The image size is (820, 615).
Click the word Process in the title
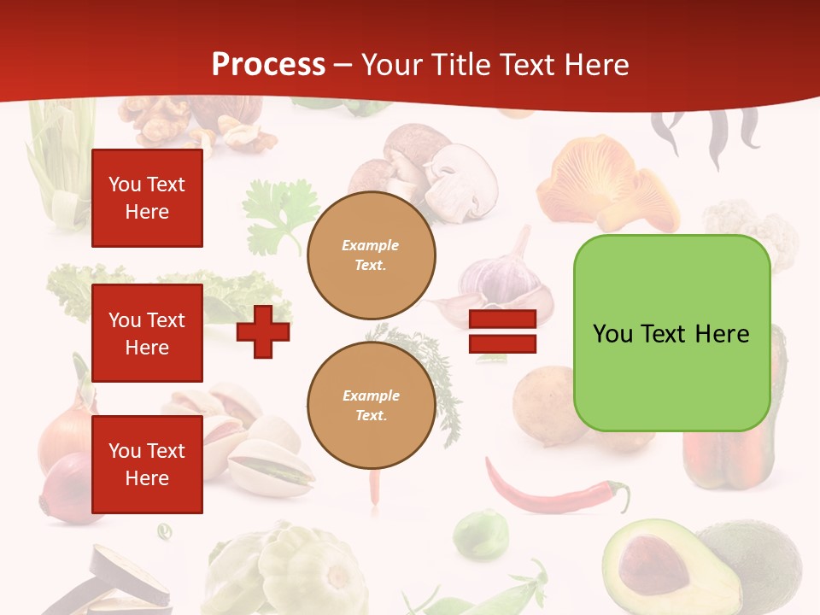268,64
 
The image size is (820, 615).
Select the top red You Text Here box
147,198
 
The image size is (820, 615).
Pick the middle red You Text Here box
147,333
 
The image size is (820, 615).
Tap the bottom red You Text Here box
147,465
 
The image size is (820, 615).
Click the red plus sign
263,331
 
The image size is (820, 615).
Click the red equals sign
502,331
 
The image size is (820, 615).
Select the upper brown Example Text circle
371,255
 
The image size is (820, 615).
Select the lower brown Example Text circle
371,405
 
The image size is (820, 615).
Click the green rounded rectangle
671,333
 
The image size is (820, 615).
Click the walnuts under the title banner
162,120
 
